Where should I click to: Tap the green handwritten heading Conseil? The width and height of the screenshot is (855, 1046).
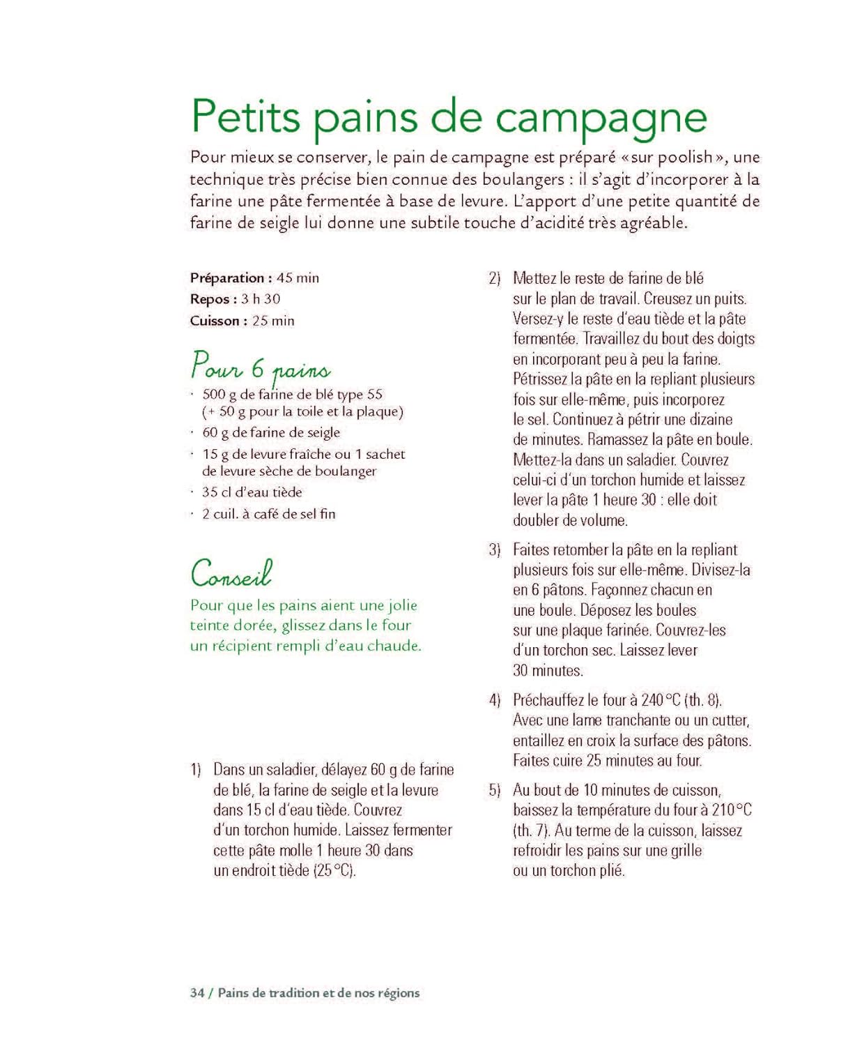click(231, 574)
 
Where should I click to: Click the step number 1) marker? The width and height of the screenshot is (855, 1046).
click(196, 770)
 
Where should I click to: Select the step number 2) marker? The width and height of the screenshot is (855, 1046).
click(495, 278)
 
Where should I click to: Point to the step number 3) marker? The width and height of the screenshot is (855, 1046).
click(495, 549)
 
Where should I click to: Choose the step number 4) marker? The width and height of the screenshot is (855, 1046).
click(495, 700)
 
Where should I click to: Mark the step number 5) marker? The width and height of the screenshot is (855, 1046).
click(495, 790)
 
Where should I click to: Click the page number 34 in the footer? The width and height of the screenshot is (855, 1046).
click(197, 993)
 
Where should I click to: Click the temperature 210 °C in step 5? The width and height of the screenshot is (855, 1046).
click(732, 810)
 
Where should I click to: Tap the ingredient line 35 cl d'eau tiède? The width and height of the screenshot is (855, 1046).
click(252, 492)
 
